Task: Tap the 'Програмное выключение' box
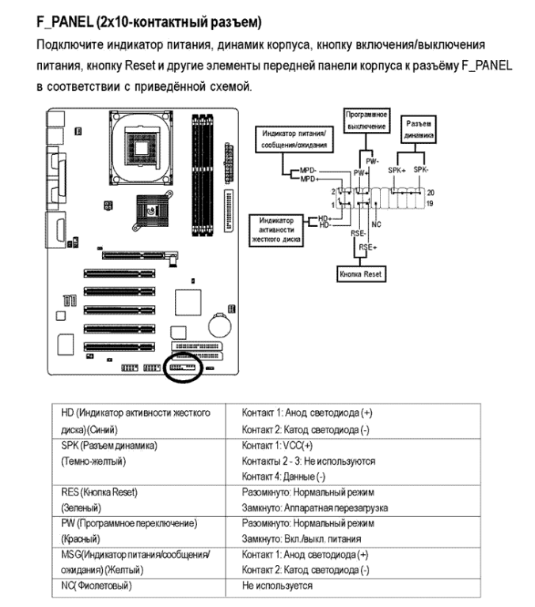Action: tap(366, 120)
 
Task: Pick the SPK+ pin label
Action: tap(398, 171)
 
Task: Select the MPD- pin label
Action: tap(307, 170)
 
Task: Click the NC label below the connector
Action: tap(377, 225)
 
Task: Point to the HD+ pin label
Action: tap(324, 217)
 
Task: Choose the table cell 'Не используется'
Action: tap(279, 586)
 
